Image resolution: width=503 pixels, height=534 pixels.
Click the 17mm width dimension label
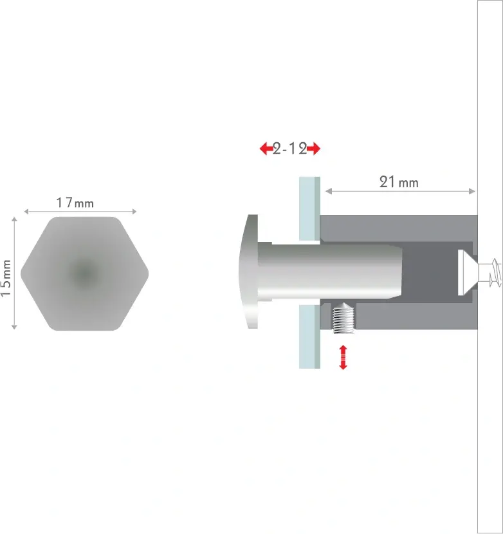(75, 203)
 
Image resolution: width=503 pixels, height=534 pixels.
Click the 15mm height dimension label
(6, 278)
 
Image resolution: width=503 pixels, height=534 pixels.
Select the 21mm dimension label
(399, 182)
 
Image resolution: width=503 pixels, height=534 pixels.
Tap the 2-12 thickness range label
(290, 149)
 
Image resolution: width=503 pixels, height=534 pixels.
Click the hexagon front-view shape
(84, 273)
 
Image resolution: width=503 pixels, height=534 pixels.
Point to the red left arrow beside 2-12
(266, 149)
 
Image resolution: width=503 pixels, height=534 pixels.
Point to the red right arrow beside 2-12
(314, 149)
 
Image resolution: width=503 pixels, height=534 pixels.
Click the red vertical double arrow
(343, 357)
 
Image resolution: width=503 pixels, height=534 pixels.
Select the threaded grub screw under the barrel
(344, 318)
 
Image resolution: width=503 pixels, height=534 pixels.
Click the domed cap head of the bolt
(250, 272)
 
